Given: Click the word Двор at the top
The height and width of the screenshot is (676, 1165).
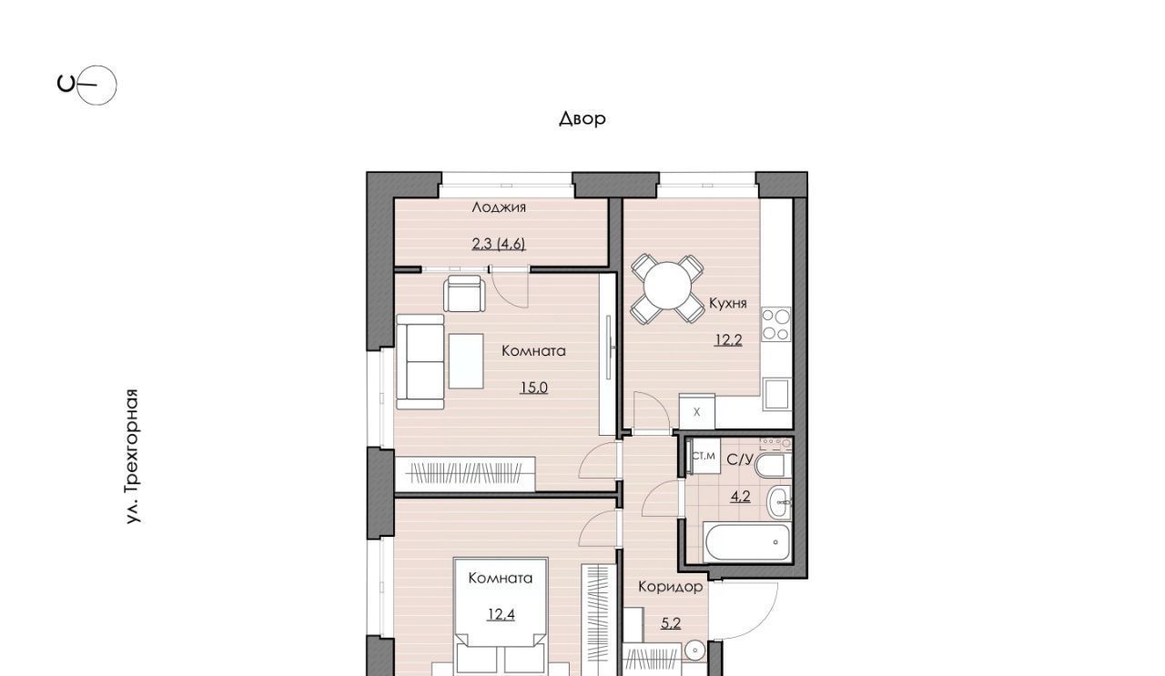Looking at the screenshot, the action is click(582, 118).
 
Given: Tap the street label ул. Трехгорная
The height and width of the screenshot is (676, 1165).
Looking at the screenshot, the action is click(133, 456).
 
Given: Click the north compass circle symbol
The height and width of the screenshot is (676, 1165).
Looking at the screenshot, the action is click(96, 86).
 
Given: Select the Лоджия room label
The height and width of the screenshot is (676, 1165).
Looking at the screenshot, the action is click(499, 207).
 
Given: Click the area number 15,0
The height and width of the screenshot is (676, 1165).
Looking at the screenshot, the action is click(533, 388).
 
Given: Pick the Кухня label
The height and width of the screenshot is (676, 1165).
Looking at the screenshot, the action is click(727, 303).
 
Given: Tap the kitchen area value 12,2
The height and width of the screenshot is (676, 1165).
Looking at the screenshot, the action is click(728, 340).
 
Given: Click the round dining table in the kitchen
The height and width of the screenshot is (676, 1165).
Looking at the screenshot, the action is click(667, 287).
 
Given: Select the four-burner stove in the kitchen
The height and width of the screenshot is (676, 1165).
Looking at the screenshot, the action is click(775, 325).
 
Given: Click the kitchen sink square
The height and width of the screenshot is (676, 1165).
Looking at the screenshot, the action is click(777, 395).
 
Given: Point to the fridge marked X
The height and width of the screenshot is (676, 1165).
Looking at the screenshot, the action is click(696, 411).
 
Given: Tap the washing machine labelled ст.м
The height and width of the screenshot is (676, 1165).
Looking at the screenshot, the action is click(704, 456).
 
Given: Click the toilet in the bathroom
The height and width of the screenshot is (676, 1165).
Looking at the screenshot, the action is click(770, 466).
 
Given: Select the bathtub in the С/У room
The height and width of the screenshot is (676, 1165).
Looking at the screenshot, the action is click(747, 542).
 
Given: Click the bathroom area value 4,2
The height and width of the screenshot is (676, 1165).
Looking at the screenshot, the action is click(740, 497).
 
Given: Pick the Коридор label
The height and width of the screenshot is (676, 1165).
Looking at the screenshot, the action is click(671, 587).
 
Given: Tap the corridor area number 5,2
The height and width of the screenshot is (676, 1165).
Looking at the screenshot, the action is click(671, 623).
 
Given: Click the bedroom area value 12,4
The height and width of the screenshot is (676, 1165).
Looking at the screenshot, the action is click(501, 615).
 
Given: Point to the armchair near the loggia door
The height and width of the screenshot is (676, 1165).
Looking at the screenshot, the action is click(464, 294).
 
